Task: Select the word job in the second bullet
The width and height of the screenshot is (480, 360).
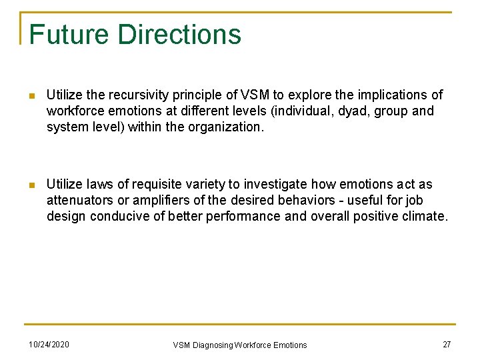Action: [414, 201]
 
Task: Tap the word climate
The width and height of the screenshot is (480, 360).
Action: [427, 217]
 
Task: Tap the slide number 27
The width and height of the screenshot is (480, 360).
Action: [446, 344]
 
